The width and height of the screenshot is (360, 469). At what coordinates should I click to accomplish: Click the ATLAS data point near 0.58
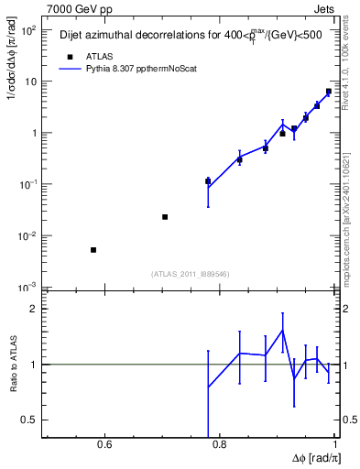(x=93, y=250)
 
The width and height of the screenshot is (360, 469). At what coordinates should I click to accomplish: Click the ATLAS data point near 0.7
(x=165, y=217)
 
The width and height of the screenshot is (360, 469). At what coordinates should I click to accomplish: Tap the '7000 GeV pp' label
(x=71, y=9)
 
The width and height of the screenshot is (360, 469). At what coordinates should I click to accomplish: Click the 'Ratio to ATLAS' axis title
(x=13, y=365)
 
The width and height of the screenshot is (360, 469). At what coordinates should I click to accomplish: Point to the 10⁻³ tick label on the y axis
(x=27, y=288)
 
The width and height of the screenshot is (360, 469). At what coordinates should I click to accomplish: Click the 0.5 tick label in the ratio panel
(x=29, y=420)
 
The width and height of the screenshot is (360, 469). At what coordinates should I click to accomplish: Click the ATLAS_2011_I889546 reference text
(x=190, y=273)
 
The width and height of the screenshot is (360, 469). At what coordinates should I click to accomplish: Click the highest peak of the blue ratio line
(x=283, y=330)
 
